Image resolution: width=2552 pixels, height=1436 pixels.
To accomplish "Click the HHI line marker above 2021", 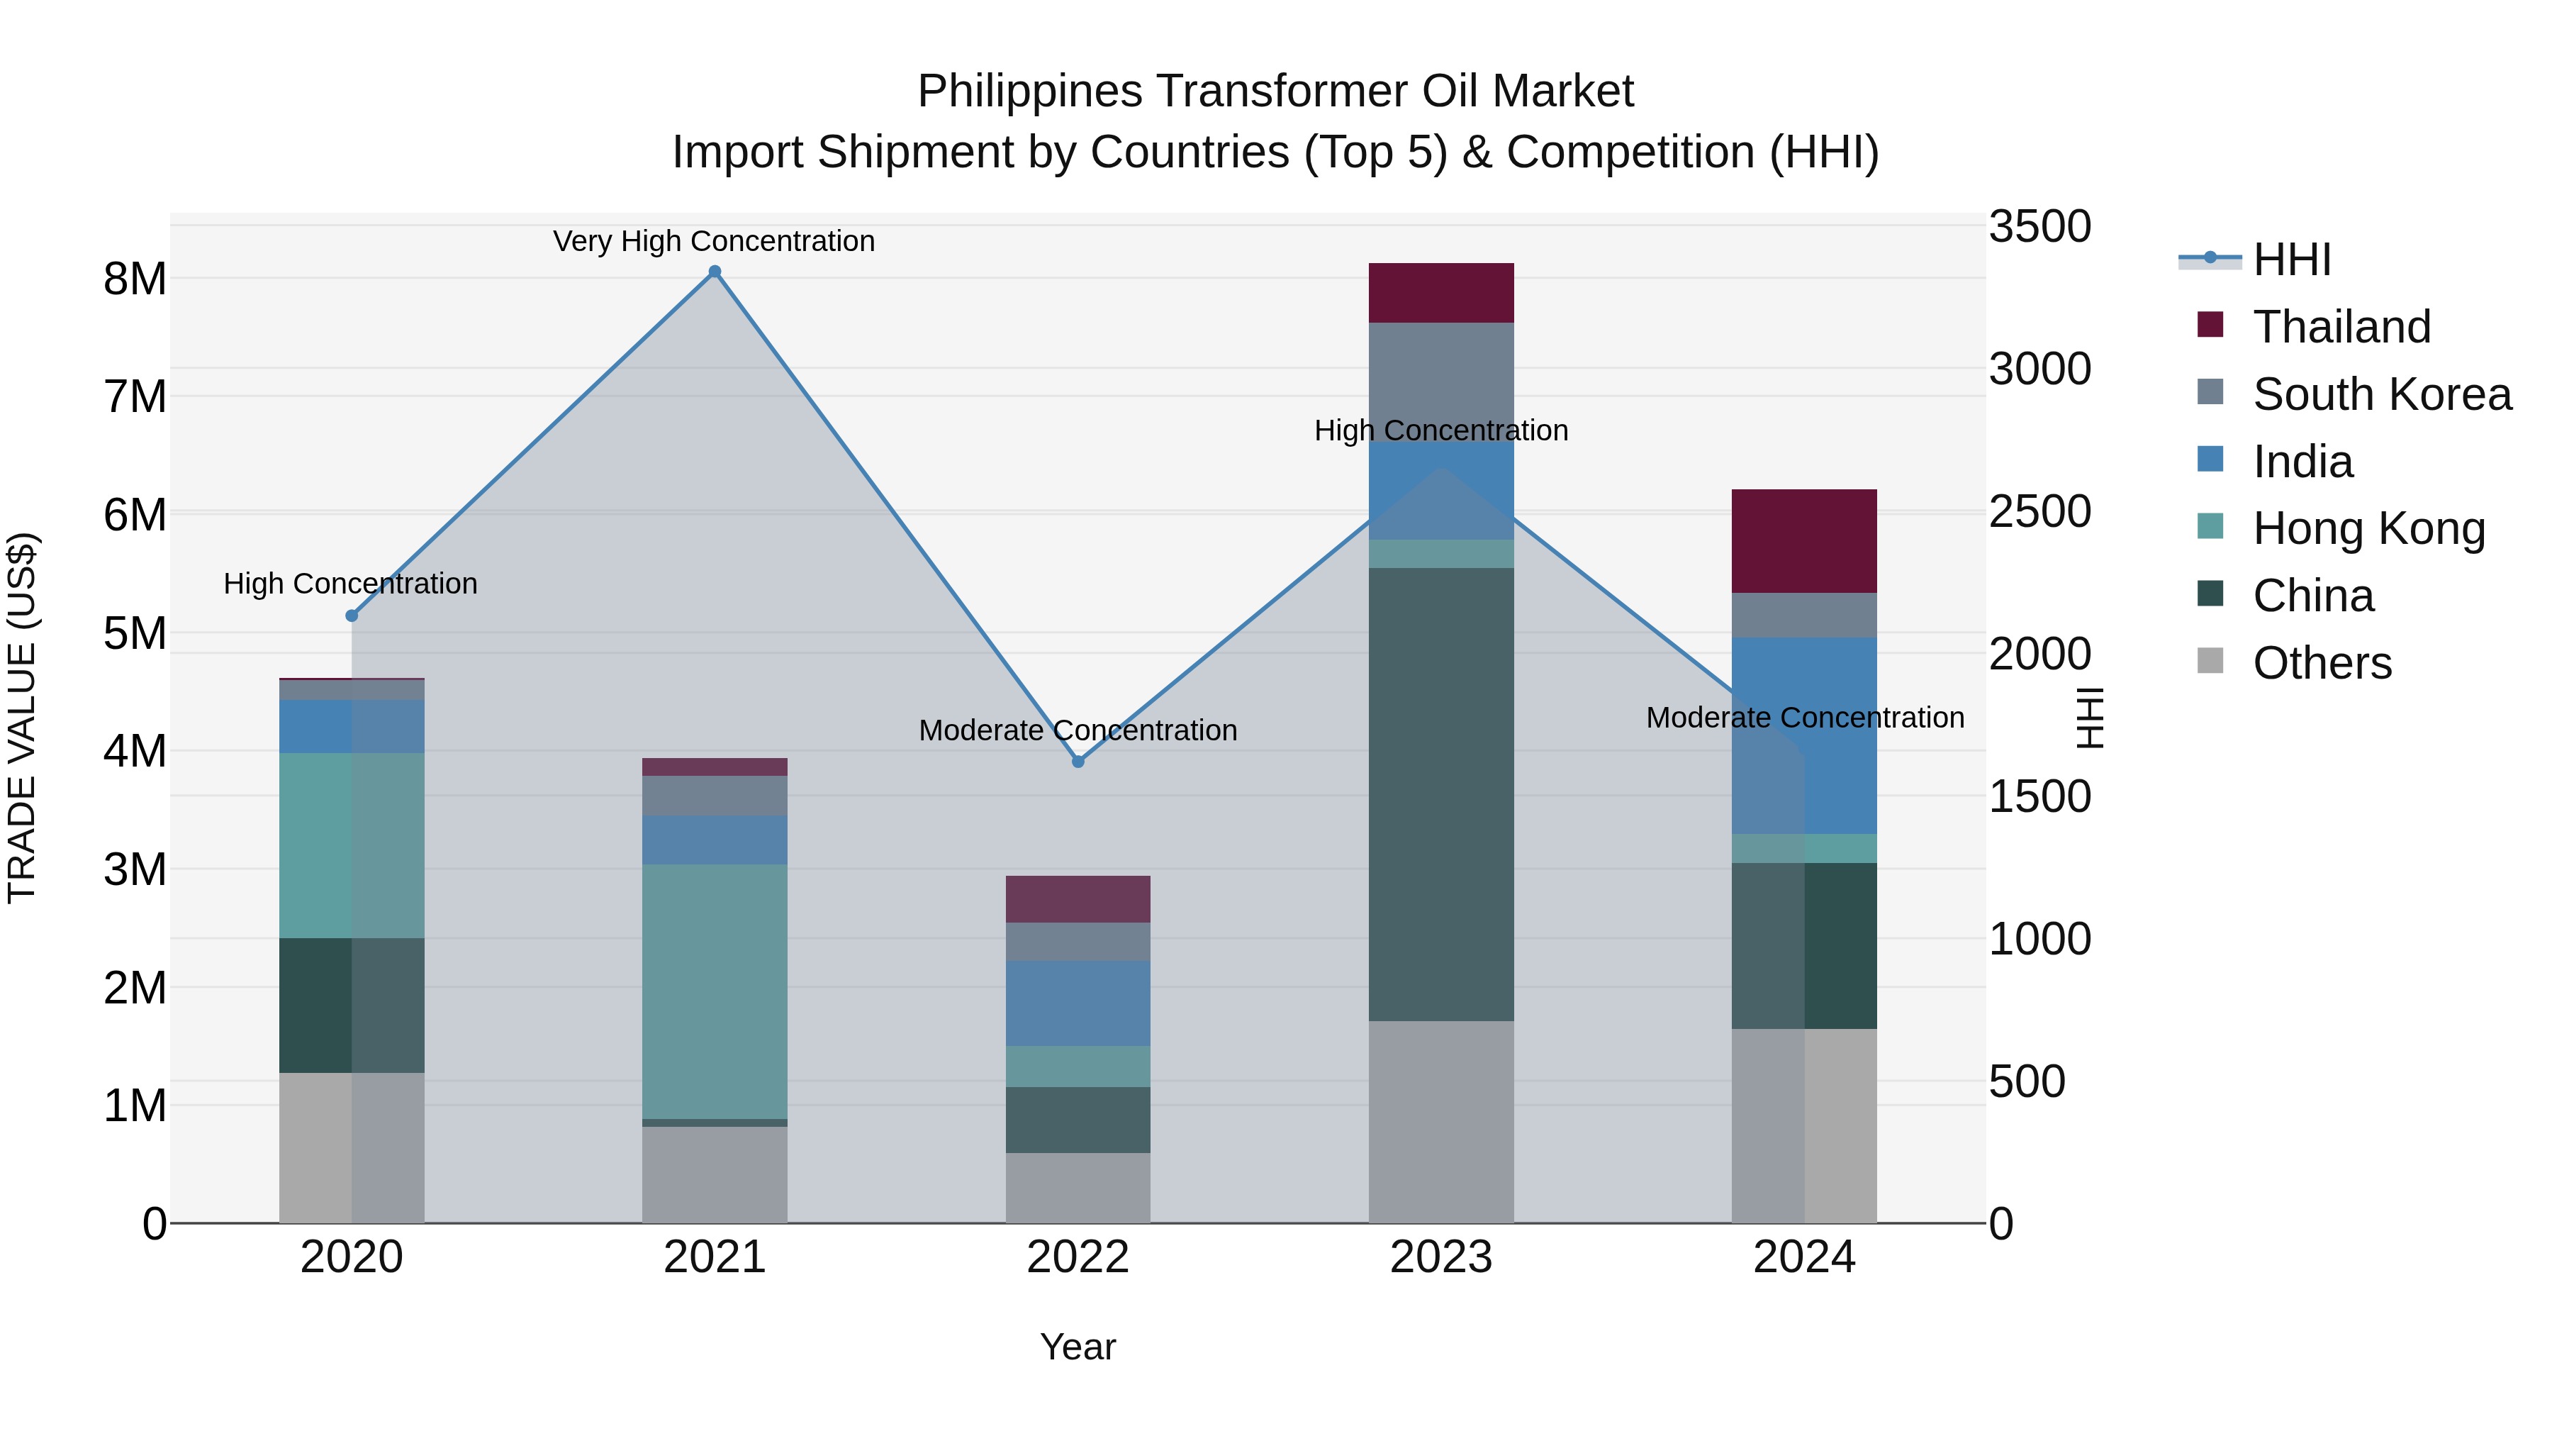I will point(715,272).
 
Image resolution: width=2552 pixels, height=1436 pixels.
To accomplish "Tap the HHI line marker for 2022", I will point(1078,761).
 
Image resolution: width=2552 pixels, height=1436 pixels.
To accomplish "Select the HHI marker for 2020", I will point(352,616).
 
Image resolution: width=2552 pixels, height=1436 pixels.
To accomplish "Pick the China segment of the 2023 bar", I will point(1440,793).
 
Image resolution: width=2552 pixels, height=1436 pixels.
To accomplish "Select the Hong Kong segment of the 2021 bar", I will point(715,991).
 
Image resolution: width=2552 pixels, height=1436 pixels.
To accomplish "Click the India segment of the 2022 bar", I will point(1078,1003).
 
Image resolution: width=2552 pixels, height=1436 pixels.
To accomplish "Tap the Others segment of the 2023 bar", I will point(1440,1122).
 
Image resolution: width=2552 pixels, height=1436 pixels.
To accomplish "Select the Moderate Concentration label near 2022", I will point(1077,730).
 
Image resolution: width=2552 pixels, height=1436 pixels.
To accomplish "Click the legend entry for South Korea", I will point(2382,394).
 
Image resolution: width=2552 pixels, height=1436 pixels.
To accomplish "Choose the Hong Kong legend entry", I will point(2368,528).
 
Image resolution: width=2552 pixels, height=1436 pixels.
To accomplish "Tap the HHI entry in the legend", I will point(2291,260).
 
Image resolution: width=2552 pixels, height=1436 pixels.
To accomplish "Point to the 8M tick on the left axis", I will point(135,279).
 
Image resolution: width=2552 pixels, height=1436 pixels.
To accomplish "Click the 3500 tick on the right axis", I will point(2039,226).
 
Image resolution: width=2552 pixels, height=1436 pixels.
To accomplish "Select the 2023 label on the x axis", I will point(1440,1257).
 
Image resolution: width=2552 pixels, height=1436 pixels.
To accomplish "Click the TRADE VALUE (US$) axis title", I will point(22,718).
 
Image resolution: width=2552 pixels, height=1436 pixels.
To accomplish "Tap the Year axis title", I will point(1077,1347).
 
